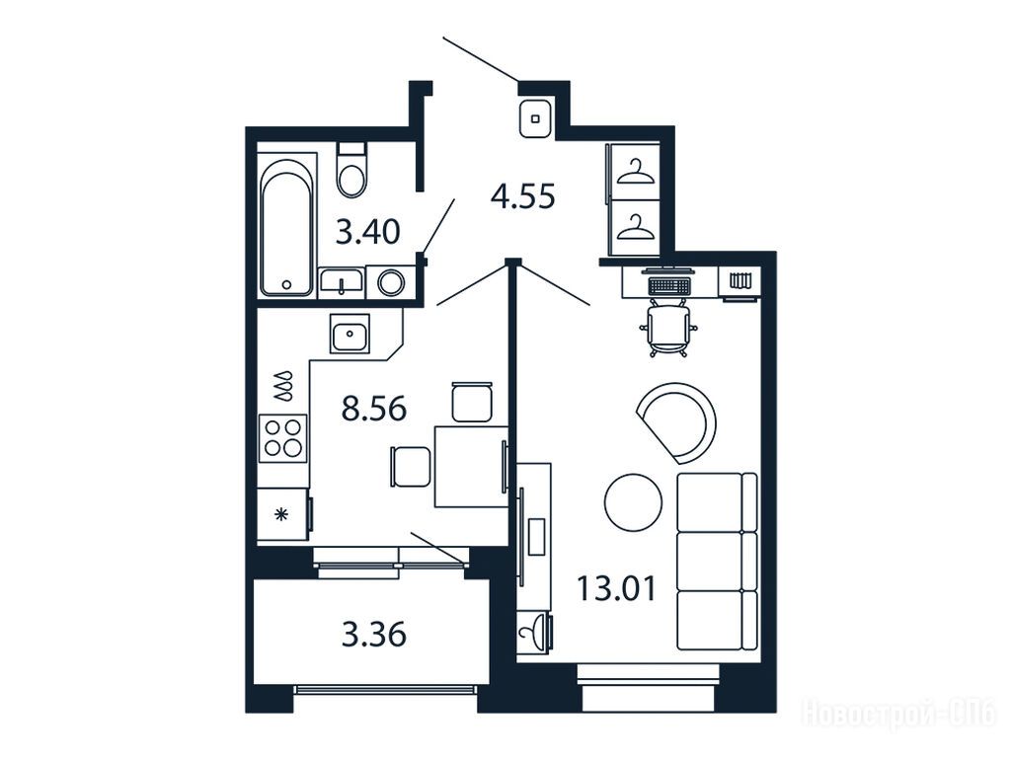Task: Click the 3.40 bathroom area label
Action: pos(368,232)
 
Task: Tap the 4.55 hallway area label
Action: pos(523,196)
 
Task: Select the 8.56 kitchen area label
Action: pos(374,409)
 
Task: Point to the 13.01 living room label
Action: pos(616,588)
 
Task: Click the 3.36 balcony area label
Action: pos(374,635)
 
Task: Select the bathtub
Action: pos(287,226)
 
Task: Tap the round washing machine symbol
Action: pos(391,282)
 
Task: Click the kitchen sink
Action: pos(350,334)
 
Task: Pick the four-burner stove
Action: pos(283,438)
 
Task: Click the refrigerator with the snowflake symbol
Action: pos(282,514)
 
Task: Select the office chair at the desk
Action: pos(668,327)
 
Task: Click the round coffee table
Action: pos(633,502)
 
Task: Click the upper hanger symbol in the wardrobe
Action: pos(635,172)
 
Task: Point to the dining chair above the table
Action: pos(472,403)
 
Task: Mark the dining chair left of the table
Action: pos(410,467)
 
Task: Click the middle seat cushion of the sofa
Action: pos(717,561)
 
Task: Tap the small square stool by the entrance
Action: pos(535,118)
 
